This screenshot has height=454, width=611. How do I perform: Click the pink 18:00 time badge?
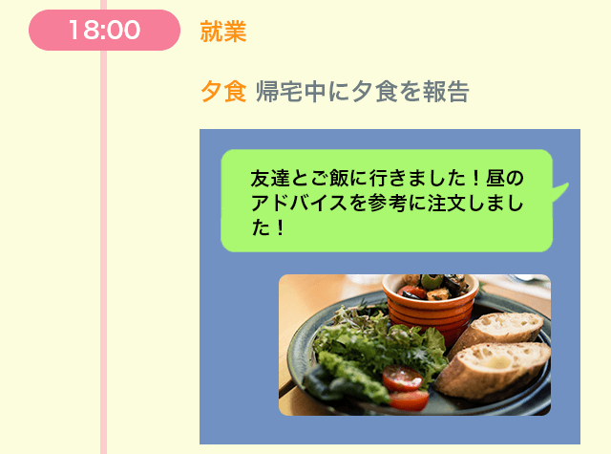104,30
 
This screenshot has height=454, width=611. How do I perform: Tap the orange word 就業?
223,32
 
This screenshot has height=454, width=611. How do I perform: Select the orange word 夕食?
223,91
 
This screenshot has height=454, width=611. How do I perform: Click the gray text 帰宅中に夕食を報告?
363,91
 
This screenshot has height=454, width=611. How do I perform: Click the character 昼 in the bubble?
495,178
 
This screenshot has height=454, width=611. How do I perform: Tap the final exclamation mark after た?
280,227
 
